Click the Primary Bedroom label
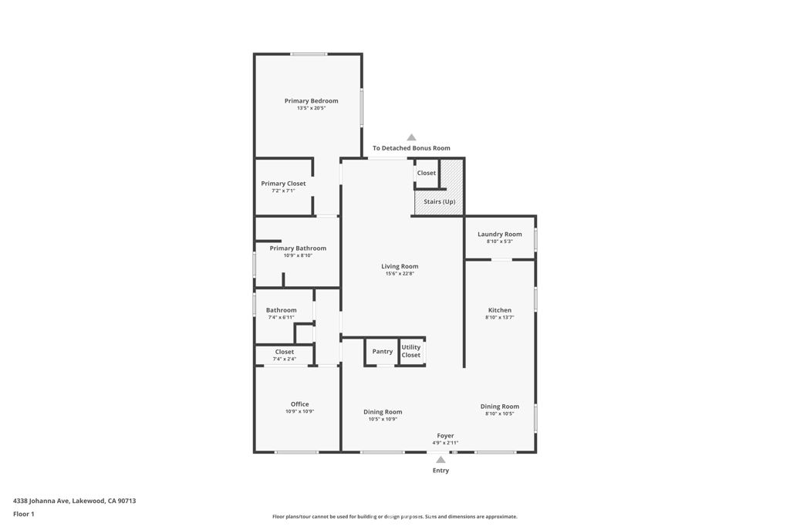[311, 101]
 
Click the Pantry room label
[383, 351]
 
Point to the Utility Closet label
[411, 351]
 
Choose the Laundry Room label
[499, 234]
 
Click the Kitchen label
[499, 310]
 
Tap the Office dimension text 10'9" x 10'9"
[299, 411]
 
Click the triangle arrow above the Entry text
[441, 459]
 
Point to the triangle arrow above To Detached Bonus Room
[411, 137]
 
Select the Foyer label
[445, 436]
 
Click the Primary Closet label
[283, 184]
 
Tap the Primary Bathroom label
[298, 248]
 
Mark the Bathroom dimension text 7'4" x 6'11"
[281, 317]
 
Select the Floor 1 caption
[23, 514]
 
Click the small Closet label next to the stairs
[426, 173]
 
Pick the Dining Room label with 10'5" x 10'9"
[383, 412]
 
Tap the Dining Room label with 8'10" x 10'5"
[499, 407]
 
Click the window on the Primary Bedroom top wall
[308, 54]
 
